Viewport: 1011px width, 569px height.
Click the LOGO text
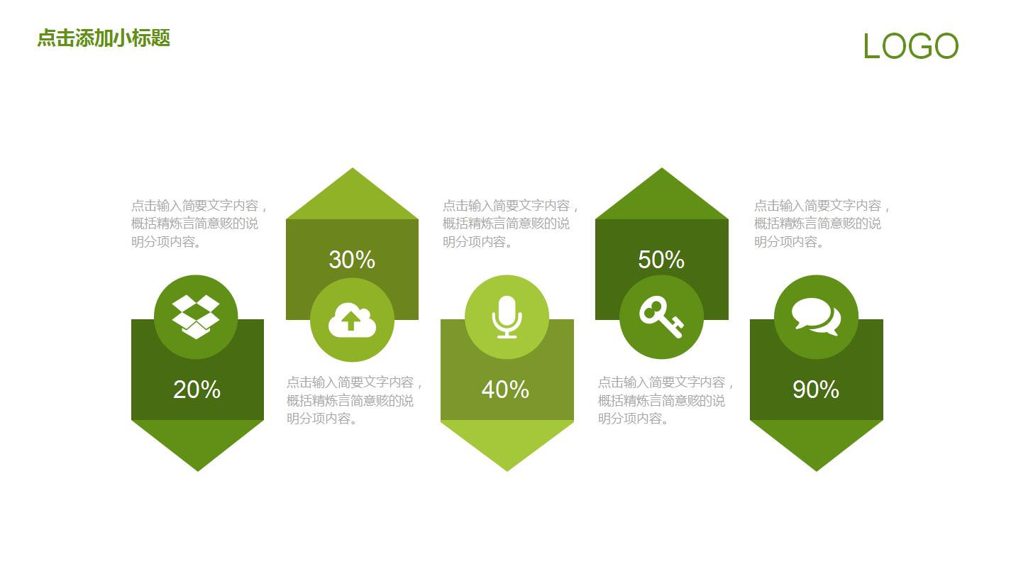coord(910,46)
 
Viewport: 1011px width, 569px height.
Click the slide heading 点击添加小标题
coord(104,38)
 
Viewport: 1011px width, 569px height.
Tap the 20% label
coord(197,390)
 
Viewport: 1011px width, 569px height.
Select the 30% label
coord(352,260)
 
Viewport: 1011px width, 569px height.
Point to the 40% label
coord(505,390)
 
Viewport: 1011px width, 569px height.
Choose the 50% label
coord(661,260)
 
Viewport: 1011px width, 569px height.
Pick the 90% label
coord(816,390)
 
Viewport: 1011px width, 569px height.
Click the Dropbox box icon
coord(196,316)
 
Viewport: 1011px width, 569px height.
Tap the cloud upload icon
coord(352,320)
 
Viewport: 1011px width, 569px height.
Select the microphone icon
coord(507,316)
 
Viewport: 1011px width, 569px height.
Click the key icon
coord(662,316)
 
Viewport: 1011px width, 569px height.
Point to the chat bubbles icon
coord(816,316)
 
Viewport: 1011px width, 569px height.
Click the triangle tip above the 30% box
coord(352,168)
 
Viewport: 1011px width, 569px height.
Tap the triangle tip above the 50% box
coord(662,168)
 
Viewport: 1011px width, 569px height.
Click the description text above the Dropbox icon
coord(199,223)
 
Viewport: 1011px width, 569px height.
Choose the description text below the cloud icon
coord(354,400)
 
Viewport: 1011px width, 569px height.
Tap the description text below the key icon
coord(665,400)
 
